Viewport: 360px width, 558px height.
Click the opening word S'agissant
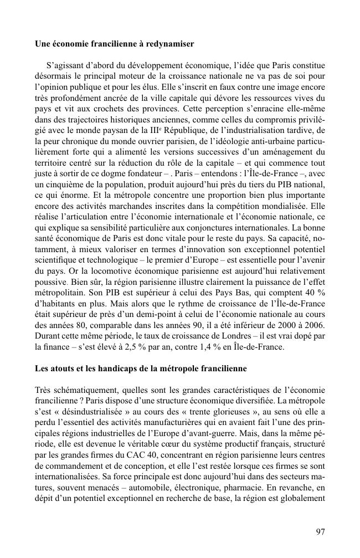pyautogui.click(x=65, y=64)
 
